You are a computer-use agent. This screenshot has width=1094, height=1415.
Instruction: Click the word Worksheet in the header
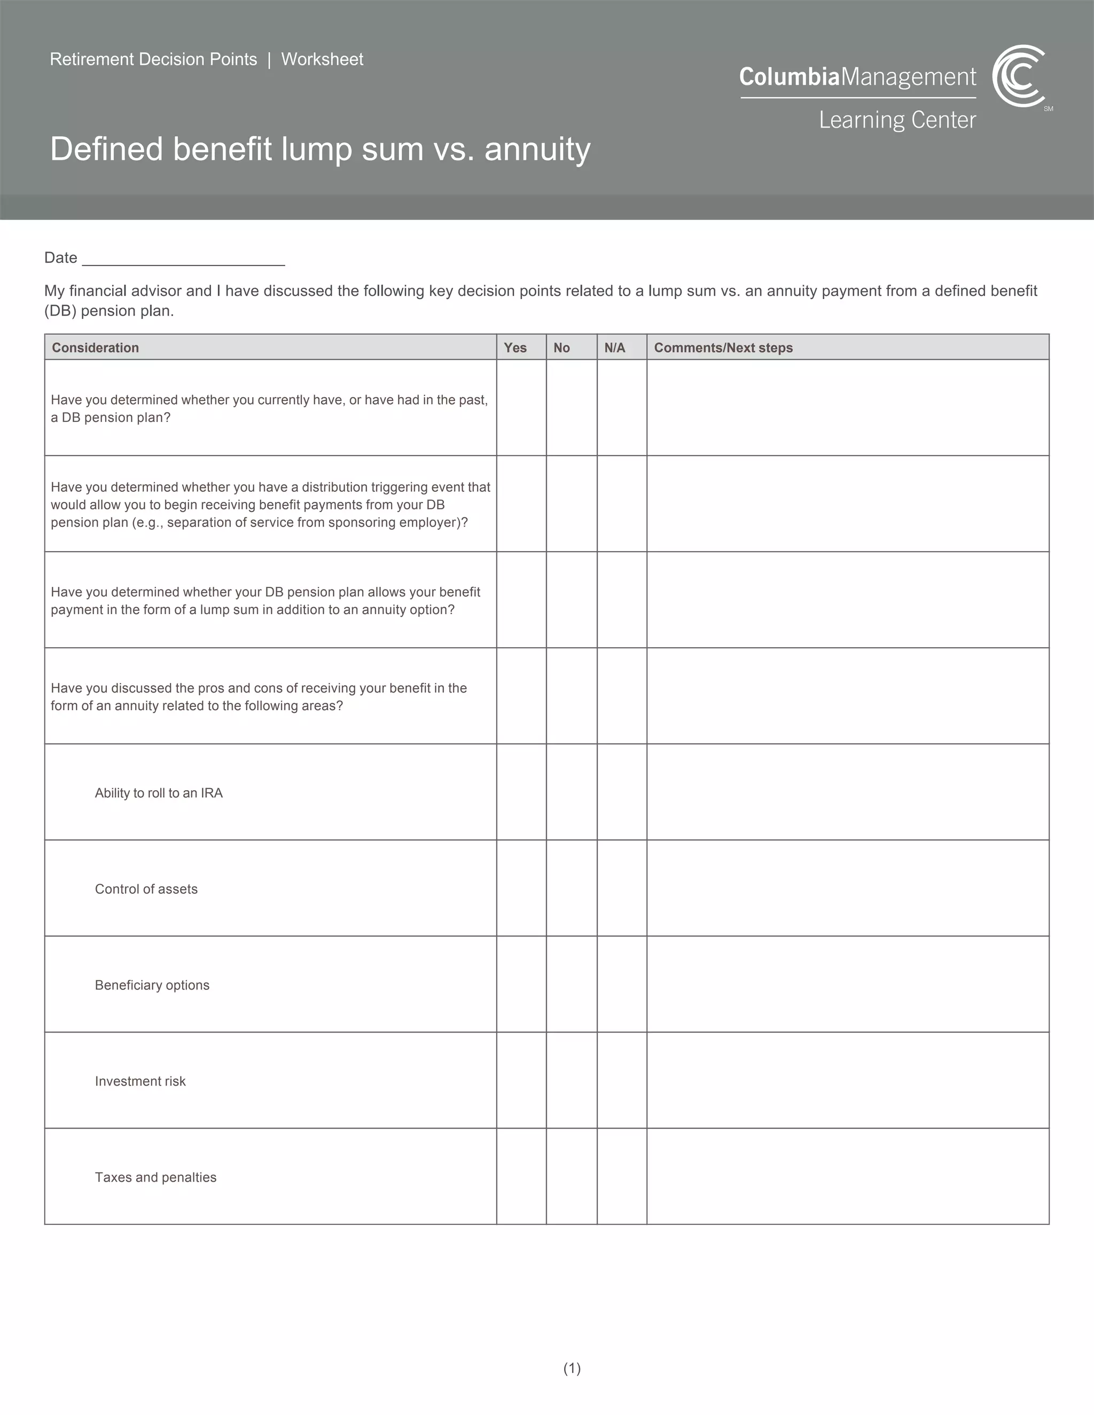point(322,60)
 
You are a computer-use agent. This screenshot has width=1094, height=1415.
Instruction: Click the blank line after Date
point(183,259)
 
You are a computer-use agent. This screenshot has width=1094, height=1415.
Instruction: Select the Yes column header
point(515,348)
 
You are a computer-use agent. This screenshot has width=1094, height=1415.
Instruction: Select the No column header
point(562,348)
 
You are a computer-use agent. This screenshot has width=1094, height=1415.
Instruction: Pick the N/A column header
point(614,348)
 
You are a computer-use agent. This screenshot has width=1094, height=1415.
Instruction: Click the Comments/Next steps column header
point(723,348)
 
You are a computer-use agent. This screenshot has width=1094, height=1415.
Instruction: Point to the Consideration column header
point(95,348)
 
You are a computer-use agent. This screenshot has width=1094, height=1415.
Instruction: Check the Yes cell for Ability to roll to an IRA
point(521,792)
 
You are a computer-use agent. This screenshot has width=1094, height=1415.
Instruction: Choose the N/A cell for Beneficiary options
point(622,984)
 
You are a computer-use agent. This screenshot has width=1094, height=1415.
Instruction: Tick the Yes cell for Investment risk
point(521,1080)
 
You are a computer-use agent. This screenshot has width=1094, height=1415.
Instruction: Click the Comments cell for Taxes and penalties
point(847,1176)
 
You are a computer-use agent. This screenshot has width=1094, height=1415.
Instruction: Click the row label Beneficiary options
point(152,985)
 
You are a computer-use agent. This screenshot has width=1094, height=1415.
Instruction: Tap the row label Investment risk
point(140,1081)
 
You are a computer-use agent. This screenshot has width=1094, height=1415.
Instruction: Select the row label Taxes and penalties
point(155,1177)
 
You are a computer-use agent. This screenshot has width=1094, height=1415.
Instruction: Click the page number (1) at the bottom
point(572,1369)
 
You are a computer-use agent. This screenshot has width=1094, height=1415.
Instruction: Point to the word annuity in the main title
point(537,150)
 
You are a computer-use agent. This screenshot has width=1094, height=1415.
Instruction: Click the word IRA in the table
point(212,793)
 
